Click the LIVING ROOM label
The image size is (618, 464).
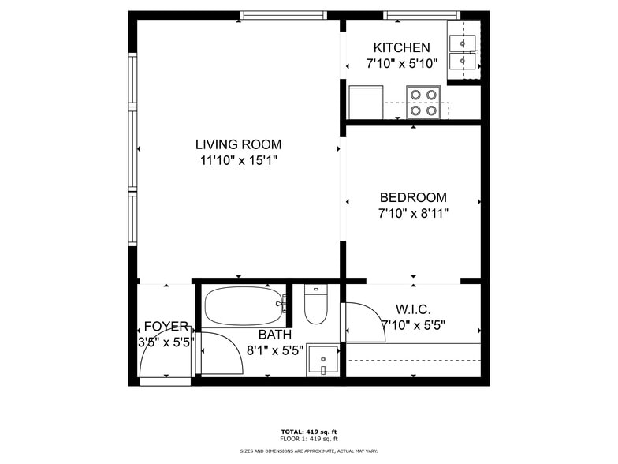(x=238, y=144)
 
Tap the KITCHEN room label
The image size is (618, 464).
(x=402, y=47)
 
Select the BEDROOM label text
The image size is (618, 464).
(x=413, y=197)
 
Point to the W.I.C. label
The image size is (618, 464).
(x=413, y=309)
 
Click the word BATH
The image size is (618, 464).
(x=275, y=335)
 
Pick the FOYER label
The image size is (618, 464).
(x=166, y=327)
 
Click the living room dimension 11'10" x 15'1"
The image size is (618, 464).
(x=239, y=161)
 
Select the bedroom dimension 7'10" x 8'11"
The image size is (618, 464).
(x=413, y=213)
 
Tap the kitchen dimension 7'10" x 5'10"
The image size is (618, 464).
(x=402, y=63)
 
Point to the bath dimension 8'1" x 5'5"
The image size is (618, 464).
(x=275, y=350)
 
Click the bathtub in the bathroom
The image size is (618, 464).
(x=244, y=306)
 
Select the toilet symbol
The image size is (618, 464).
(x=315, y=305)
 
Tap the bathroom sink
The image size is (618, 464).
(x=323, y=360)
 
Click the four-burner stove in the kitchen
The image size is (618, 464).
(x=423, y=102)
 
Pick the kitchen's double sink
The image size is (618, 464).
(x=463, y=51)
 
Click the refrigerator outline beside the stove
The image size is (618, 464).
(x=366, y=102)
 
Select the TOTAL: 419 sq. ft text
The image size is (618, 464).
(x=309, y=432)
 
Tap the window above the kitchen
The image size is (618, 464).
(x=422, y=16)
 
